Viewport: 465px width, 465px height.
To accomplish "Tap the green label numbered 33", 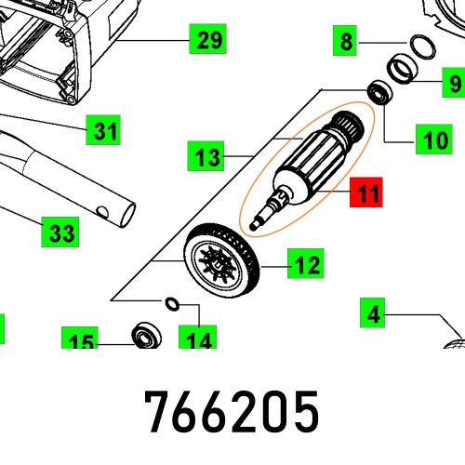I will [x=61, y=232].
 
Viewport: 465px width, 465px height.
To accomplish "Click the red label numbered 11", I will [x=366, y=195].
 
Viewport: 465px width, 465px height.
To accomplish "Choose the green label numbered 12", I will [x=306, y=266].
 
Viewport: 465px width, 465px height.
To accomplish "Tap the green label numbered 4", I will [x=374, y=314].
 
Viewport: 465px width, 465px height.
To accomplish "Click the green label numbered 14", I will [x=198, y=340].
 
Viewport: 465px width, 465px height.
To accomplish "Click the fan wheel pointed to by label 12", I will [x=222, y=263].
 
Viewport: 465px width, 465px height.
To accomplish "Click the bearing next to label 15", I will [x=147, y=332].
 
